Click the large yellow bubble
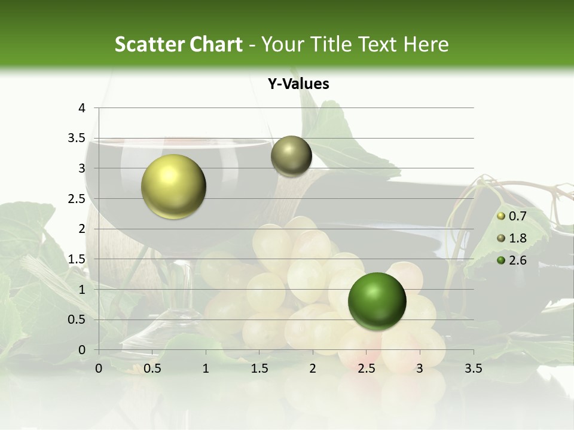tap(173, 186)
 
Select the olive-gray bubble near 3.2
tap(291, 156)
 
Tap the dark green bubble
tap(377, 301)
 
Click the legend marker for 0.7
tap(501, 217)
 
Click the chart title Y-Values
tap(298, 84)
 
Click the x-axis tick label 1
tap(206, 368)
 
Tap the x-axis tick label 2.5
tap(366, 368)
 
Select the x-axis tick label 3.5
tap(473, 368)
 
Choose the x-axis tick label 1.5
tap(259, 368)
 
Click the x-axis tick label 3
tap(420, 368)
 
